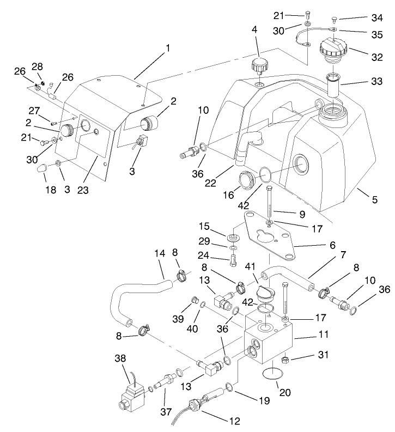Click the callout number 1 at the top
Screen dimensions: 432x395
coord(168,48)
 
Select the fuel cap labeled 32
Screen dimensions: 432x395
coord(332,50)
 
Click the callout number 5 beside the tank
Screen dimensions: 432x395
coord(374,199)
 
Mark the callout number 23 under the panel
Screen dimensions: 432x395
coord(83,191)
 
